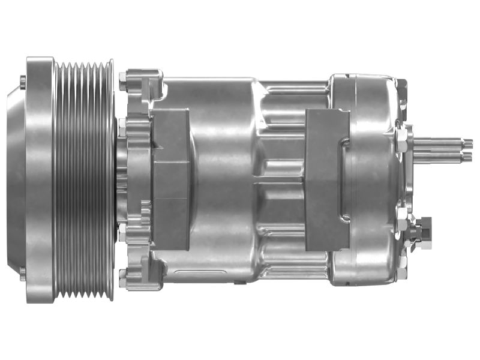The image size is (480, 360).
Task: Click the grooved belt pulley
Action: coord(84,180)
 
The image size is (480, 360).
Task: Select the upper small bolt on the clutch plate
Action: coord(23,81)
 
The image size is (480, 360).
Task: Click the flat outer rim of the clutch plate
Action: coord(40,180)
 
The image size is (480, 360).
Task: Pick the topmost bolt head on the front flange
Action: coord(123,78)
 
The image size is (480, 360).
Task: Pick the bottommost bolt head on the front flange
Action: coord(123,278)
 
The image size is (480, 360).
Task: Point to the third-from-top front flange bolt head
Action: coord(123,231)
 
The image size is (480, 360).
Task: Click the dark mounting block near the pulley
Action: coord(171,180)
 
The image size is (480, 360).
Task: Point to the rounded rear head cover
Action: coord(375,180)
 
